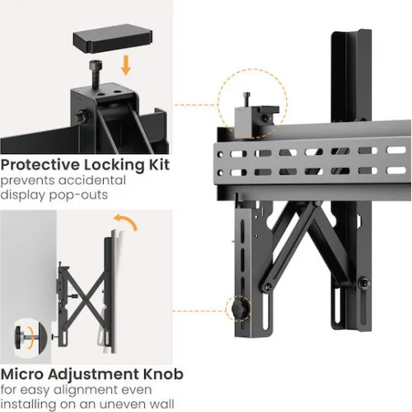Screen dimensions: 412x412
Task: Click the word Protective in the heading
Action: click(x=40, y=166)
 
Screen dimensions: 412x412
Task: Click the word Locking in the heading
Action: click(x=115, y=166)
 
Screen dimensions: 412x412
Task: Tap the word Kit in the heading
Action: click(x=159, y=165)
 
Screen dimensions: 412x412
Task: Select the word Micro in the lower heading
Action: click(x=22, y=374)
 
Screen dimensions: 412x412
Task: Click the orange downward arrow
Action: click(x=126, y=65)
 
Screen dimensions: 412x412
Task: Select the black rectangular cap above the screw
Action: click(x=113, y=38)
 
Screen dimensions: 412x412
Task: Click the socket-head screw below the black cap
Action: click(x=96, y=74)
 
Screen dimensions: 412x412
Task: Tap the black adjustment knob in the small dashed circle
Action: click(x=238, y=309)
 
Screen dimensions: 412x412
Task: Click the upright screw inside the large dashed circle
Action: click(x=246, y=100)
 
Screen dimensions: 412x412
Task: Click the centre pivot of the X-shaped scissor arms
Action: click(x=87, y=299)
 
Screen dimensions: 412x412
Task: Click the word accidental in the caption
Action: click(x=91, y=180)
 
